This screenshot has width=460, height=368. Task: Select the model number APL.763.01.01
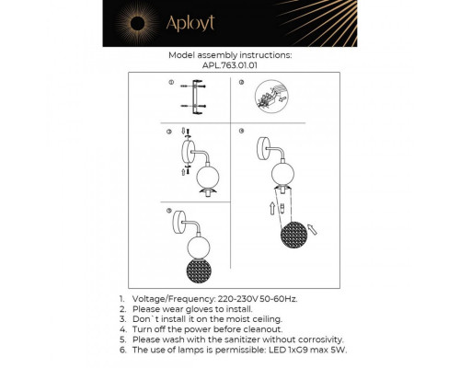tap(230, 65)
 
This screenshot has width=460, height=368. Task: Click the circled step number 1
tap(169, 83)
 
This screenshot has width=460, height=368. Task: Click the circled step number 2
tap(240, 83)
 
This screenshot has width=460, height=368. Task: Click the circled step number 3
tap(169, 132)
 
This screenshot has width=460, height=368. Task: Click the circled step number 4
tap(240, 132)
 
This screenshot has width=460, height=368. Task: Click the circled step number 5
tap(169, 211)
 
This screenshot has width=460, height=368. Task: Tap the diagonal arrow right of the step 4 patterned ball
tap(313, 222)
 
